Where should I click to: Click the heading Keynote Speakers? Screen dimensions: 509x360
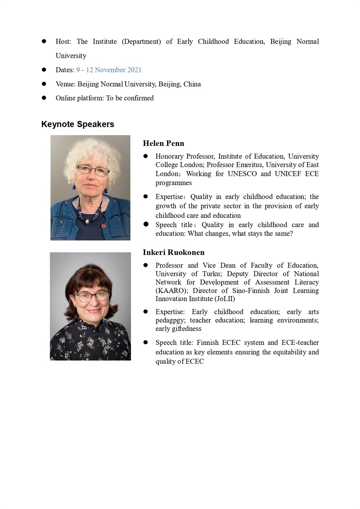tap(78, 124)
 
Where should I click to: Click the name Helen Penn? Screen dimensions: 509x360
tap(163, 143)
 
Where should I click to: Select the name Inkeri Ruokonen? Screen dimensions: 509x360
tap(174, 252)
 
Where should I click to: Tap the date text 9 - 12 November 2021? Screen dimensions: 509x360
tap(109, 70)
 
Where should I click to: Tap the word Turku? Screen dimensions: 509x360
tap(212, 274)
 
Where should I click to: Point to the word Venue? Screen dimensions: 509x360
tap(65, 84)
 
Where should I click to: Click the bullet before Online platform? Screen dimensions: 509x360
tap(44, 98)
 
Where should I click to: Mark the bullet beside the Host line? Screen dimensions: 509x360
tap(44, 41)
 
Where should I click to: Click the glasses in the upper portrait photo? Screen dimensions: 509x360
tap(93, 169)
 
